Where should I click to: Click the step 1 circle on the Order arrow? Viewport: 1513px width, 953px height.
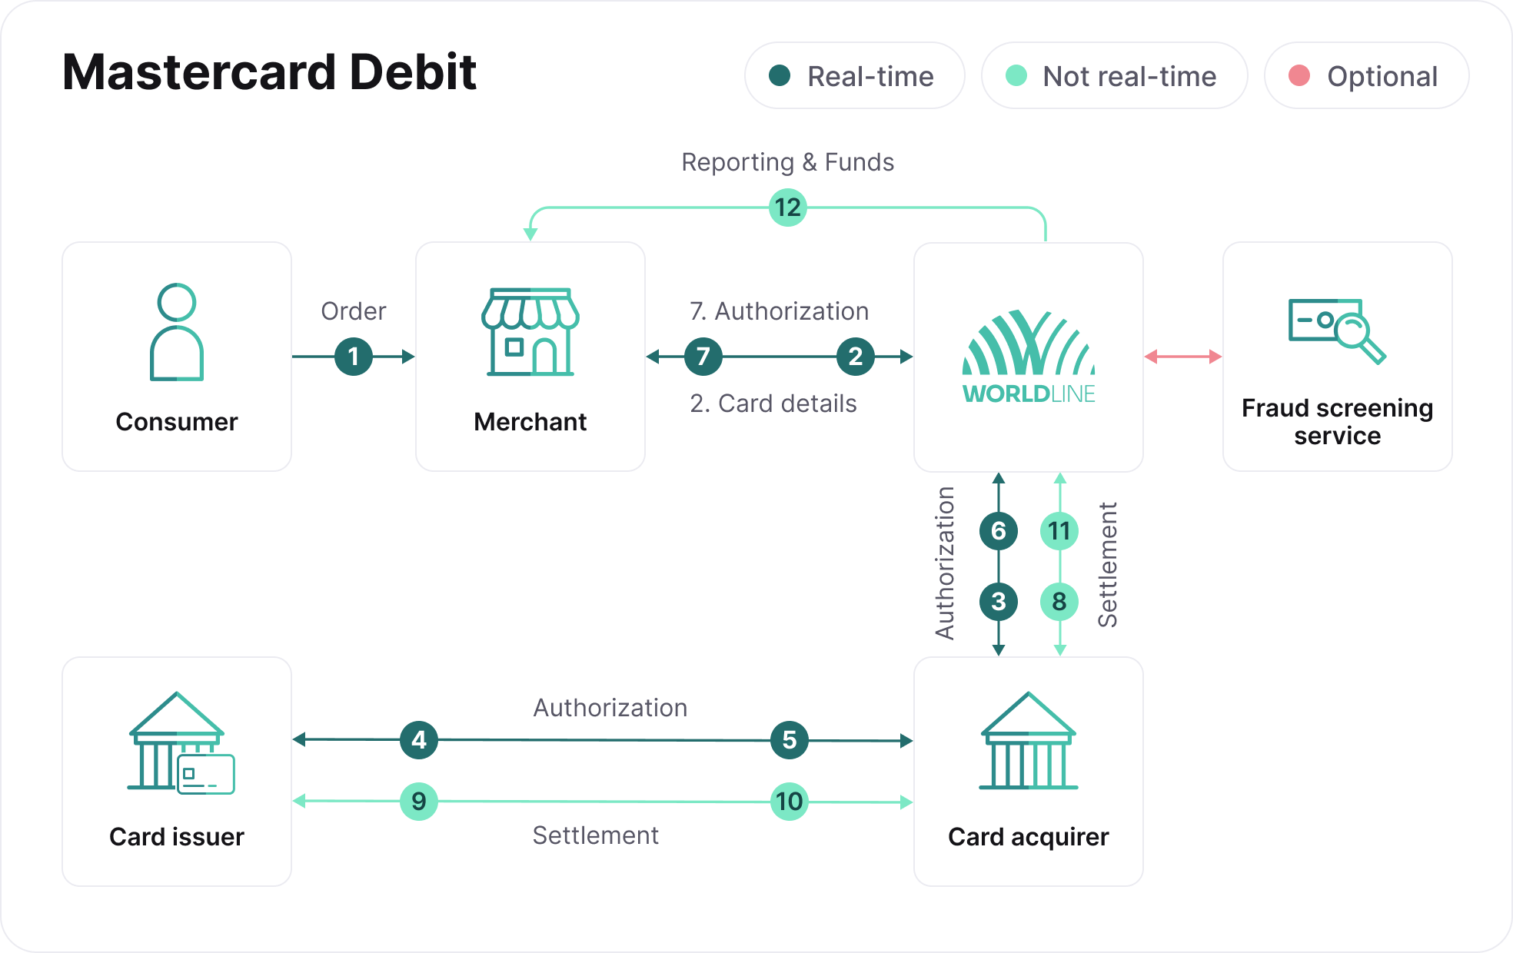354,357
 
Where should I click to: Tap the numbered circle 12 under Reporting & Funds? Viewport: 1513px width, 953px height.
788,208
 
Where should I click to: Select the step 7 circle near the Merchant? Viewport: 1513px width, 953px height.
703,357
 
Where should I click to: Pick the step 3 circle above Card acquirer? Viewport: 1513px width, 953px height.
999,602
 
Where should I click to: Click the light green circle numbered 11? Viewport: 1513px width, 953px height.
1059,531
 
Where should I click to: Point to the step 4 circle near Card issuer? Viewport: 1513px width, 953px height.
419,740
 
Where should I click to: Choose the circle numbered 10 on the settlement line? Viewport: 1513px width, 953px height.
790,802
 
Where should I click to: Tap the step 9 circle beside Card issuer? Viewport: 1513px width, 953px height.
419,802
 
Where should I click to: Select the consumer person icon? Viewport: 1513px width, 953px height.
177,332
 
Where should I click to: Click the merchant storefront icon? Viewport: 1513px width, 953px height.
530,332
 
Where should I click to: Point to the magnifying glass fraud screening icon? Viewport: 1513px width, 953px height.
1337,330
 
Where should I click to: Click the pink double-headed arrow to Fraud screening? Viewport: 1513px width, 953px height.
1183,357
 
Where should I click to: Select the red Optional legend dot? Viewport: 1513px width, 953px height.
1299,75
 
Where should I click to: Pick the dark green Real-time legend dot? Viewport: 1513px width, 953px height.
780,75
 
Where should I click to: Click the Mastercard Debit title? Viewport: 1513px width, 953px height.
269,72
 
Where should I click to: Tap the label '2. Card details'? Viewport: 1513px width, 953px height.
773,403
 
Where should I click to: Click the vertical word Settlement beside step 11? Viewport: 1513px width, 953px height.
1108,565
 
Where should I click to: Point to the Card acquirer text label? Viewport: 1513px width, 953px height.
1029,836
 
